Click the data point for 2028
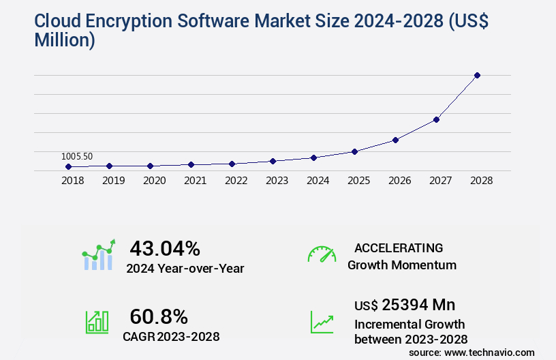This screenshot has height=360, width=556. [477, 75]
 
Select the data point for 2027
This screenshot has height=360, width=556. [436, 119]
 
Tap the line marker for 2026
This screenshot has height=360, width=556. [395, 140]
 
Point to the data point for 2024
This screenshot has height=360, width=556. [313, 157]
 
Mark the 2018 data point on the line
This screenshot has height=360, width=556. [68, 166]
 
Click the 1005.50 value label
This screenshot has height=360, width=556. [78, 156]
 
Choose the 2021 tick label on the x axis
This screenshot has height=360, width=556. [196, 181]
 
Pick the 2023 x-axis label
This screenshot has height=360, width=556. [277, 181]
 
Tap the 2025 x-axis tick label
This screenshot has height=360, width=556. [359, 181]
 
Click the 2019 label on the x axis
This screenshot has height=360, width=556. [114, 181]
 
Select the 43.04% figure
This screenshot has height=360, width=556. [165, 248]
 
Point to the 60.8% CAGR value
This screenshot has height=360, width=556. [159, 316]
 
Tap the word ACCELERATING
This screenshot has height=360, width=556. [399, 248]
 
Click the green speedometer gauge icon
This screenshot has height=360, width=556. [322, 254]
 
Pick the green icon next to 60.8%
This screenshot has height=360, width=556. [97, 322]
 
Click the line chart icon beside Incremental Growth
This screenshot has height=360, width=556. [322, 322]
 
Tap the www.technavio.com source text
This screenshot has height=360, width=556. [489, 352]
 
